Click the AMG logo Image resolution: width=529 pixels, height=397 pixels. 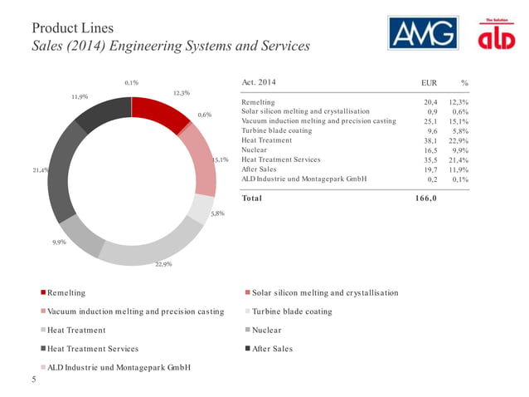tap(423, 34)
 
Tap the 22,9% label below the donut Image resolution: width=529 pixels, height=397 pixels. tap(163, 265)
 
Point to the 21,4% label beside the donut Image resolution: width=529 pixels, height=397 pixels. tap(41, 170)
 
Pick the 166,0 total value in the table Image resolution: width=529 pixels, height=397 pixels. tap(425, 198)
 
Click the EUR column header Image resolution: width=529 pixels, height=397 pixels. tap(430, 84)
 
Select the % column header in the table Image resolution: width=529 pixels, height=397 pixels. tap(464, 84)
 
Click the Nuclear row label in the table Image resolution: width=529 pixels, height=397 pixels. tap(254, 149)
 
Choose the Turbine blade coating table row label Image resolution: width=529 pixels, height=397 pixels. tap(276, 130)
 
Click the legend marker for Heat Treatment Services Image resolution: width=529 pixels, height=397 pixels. tap(43, 349)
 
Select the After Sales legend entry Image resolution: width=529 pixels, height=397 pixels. tap(274, 349)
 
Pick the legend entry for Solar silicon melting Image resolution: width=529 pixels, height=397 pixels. tap(324, 293)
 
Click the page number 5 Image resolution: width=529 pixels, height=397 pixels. tap(33, 380)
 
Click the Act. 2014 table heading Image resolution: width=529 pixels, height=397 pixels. tap(259, 82)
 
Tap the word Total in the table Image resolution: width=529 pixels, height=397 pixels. tap(251, 198)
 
